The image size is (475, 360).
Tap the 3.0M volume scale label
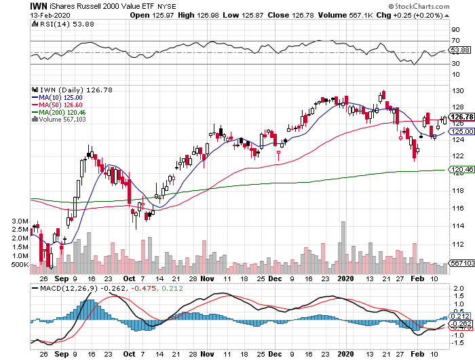click(x=18, y=221)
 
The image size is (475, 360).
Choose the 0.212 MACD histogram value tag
click(x=461, y=316)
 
